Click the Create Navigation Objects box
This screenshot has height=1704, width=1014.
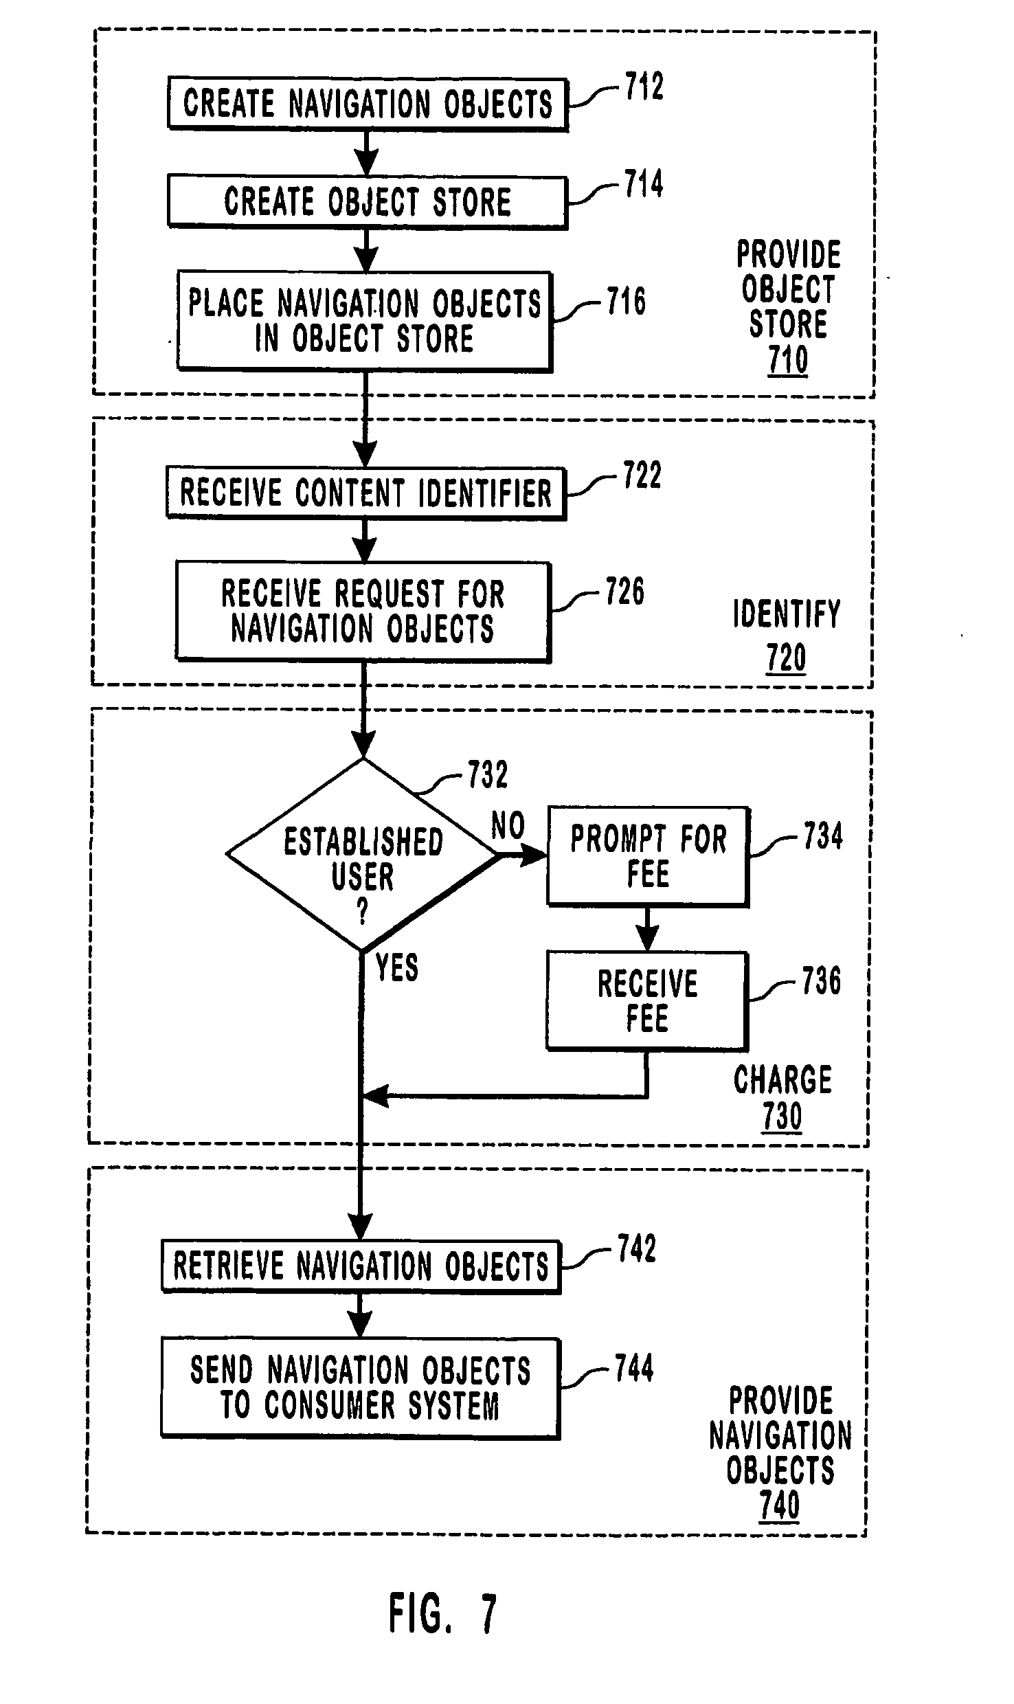click(x=368, y=104)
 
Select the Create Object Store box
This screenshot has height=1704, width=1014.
click(x=368, y=202)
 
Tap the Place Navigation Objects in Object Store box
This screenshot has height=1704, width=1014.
click(x=365, y=321)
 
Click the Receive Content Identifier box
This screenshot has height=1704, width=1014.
click(x=365, y=493)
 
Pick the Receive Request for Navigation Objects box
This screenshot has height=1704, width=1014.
click(x=363, y=611)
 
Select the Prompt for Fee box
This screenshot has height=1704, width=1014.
click(x=648, y=856)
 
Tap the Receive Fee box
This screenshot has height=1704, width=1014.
click(x=647, y=1000)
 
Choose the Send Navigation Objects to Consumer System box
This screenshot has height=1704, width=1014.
click(x=361, y=1388)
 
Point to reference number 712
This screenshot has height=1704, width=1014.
click(x=644, y=88)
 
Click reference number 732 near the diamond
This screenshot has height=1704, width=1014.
click(x=487, y=775)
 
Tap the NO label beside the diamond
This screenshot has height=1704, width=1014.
click(x=508, y=826)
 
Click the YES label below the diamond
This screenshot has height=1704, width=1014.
click(x=397, y=967)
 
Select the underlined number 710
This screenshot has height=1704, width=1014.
click(x=788, y=359)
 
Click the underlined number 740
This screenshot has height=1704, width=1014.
click(x=780, y=1505)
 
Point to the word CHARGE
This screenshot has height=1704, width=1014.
click(x=782, y=1079)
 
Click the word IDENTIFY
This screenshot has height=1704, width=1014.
click(x=787, y=614)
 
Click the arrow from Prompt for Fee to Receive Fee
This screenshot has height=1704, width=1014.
click(x=647, y=929)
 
